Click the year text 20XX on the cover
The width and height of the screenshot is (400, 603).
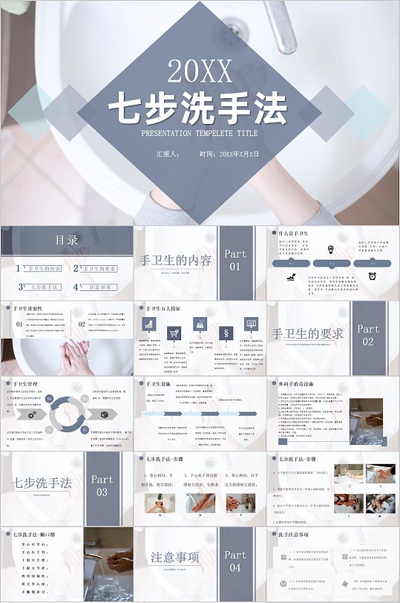200,72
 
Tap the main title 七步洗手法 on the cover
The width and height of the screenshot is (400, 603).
198,109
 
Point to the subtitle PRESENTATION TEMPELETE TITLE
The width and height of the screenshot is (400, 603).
200,134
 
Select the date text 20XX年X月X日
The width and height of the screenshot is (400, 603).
239,154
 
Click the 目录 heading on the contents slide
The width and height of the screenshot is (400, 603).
67,240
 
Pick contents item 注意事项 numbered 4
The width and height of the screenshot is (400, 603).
100,287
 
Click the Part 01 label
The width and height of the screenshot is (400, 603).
235,259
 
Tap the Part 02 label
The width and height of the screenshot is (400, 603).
368,335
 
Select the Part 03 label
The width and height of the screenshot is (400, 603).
102,486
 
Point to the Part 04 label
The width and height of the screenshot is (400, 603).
235,561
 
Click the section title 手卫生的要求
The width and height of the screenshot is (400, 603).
307,334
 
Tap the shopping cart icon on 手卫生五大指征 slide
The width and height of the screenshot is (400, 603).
173,333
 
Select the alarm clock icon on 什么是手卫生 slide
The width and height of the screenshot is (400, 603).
369,276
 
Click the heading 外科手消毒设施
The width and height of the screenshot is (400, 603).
301,384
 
